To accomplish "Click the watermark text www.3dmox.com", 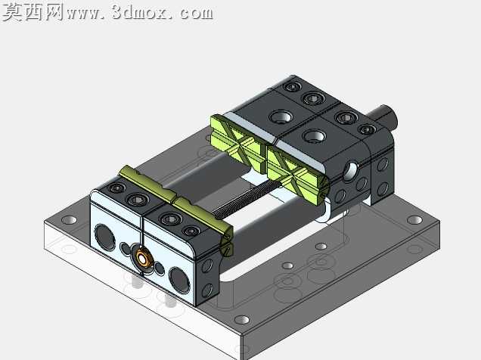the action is [x=140, y=13].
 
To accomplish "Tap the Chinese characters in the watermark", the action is [x=33, y=12].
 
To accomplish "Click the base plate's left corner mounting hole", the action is [x=70, y=220].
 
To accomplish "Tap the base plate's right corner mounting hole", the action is [x=414, y=219].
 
